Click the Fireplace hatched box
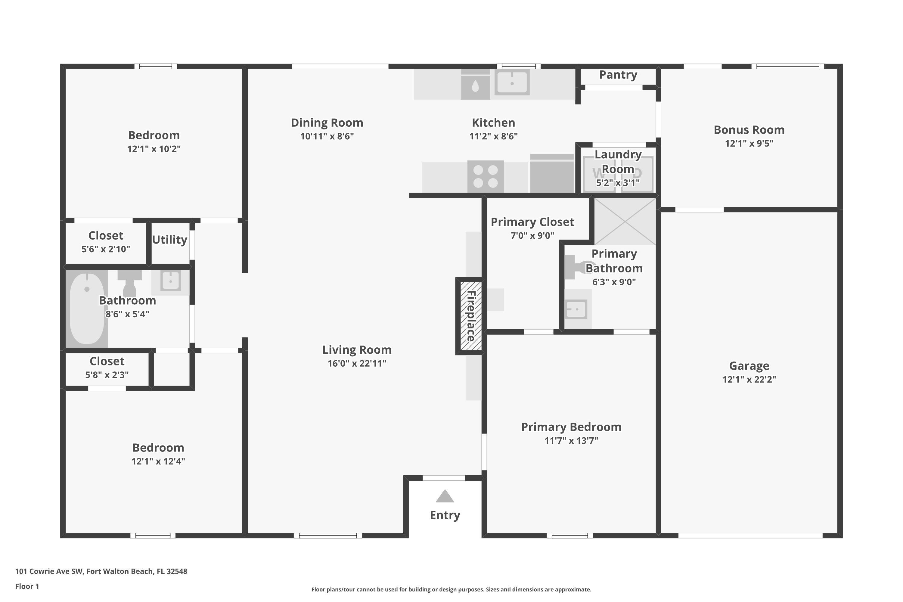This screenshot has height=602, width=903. [471, 316]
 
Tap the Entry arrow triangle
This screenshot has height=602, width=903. [445, 496]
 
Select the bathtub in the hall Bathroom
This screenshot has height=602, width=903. [87, 308]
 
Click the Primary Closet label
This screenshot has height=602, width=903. [532, 222]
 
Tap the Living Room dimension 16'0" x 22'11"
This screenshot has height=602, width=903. [357, 363]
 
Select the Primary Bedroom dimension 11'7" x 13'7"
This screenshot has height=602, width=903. [571, 440]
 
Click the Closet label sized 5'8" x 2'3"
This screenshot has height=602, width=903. [107, 361]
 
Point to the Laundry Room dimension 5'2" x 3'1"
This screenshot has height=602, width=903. [618, 183]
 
